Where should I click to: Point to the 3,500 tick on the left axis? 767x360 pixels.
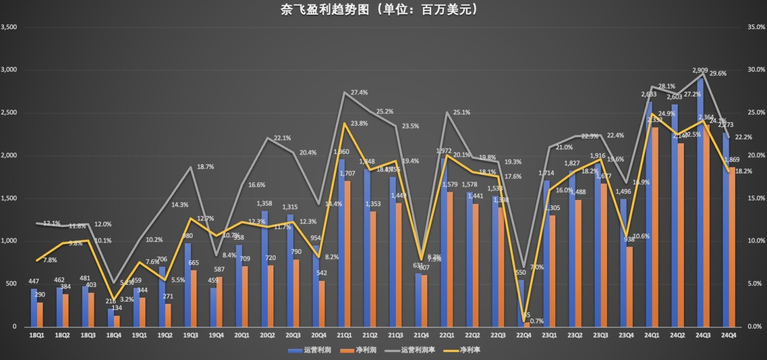[x=10, y=27]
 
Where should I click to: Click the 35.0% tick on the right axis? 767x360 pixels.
[x=756, y=27]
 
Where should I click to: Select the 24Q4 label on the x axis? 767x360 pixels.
[x=728, y=336]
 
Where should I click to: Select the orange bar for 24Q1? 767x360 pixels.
[x=655, y=227]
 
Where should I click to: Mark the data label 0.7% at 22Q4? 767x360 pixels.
[x=536, y=321]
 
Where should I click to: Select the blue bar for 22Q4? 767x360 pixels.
[x=521, y=303]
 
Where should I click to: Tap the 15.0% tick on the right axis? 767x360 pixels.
[x=756, y=198]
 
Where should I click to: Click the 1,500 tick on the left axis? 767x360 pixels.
[x=10, y=198]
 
